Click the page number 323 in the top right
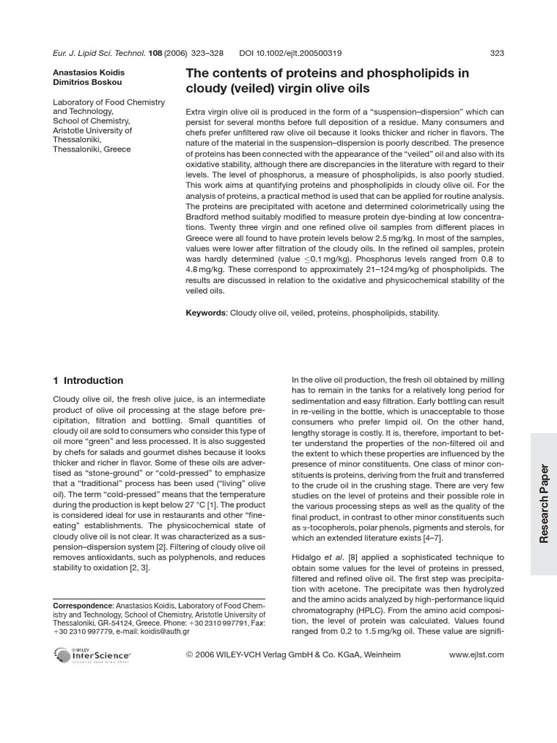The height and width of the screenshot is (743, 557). point(497,52)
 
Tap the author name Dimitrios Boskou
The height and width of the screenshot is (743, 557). point(84,83)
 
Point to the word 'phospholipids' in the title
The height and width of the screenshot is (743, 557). point(413,73)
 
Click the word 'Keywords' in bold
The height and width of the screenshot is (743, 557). point(207,313)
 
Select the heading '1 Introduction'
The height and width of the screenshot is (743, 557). point(88,380)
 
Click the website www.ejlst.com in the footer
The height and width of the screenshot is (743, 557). point(476,654)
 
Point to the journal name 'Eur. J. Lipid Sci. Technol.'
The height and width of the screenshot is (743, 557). point(99,52)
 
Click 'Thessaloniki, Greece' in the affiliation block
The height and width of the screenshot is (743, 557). point(92,149)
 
